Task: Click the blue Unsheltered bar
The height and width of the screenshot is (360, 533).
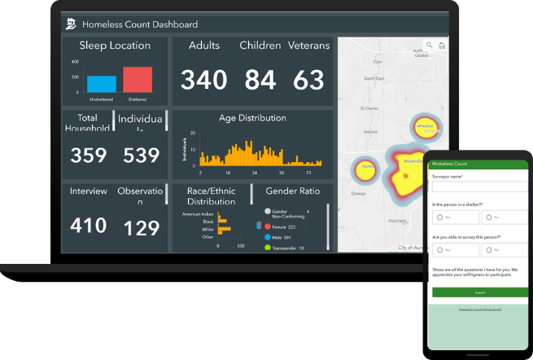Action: pos(102,83)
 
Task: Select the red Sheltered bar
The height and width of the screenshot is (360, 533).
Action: pos(138,80)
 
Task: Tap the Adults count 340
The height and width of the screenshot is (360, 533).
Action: pos(204,80)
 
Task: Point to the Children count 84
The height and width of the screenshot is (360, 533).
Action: pos(260,80)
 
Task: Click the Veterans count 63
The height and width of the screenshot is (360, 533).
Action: pos(309,80)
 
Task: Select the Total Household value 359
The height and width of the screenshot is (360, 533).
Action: pos(88,156)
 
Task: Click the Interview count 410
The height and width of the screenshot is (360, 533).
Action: pos(88,226)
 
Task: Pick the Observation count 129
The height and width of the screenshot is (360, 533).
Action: pos(142,227)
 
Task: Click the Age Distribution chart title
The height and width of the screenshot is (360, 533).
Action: pos(252,118)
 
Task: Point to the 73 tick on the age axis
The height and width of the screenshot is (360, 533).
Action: pos(308,173)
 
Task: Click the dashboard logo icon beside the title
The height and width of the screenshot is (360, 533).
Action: pos(72,24)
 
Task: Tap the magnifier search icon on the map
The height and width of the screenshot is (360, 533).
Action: pos(429,46)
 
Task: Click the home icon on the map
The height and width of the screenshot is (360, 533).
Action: pos(441,46)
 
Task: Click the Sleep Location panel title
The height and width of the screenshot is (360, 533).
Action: pos(116,46)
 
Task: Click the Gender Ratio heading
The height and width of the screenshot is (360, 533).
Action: pos(292,191)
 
